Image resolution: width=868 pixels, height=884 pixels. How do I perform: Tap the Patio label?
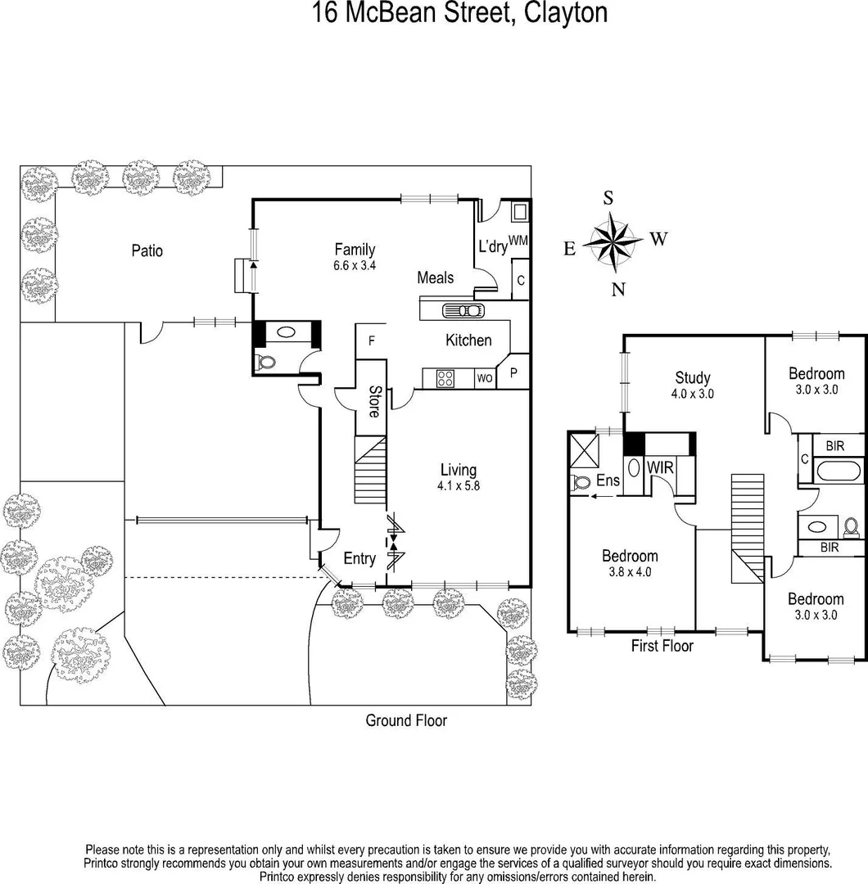147,250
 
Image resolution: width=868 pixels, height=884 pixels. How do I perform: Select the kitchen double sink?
463,310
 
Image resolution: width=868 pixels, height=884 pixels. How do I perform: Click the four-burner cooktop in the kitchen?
445,378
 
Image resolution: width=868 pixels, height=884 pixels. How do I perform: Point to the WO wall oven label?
484,379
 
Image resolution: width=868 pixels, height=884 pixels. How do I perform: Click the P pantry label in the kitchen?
514,373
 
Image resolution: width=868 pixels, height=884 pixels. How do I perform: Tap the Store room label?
373,402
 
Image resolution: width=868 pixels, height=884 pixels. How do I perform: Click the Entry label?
359,559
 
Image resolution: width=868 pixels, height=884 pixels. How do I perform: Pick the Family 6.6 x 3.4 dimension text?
355,265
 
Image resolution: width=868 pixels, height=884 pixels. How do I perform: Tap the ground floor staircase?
370,470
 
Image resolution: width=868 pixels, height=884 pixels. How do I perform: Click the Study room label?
693,377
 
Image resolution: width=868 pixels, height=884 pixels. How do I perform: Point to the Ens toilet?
581,482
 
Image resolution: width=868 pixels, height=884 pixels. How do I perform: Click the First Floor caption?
662,646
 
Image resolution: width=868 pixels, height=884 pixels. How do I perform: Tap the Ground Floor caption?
406,720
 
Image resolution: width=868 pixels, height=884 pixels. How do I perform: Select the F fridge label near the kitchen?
372,341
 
